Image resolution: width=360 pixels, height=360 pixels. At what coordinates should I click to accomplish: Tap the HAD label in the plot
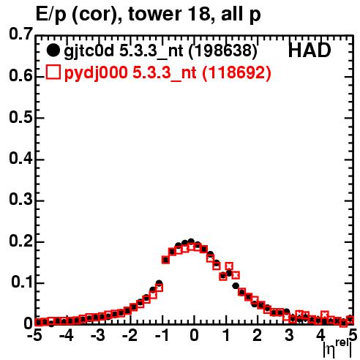(x=310, y=50)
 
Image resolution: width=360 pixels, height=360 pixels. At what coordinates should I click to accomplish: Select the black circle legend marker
(x=53, y=50)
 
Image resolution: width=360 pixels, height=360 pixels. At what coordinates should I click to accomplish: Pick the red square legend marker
(x=53, y=72)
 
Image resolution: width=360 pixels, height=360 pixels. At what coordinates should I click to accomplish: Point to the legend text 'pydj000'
(x=96, y=73)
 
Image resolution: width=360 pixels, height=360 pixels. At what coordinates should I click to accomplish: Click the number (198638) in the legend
(x=222, y=51)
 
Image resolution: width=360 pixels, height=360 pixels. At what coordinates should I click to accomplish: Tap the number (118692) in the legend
(x=236, y=72)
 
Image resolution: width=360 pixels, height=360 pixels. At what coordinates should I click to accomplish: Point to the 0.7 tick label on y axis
(x=20, y=34)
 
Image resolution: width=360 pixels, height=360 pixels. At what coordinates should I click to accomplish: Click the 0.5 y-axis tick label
(x=20, y=117)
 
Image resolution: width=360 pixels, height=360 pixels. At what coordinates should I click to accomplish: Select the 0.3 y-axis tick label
(x=20, y=200)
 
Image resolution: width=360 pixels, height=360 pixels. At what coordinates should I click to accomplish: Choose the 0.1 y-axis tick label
(x=21, y=282)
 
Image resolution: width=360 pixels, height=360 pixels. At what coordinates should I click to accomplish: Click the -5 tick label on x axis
(x=34, y=336)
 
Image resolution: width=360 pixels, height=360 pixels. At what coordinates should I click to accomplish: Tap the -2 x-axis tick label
(x=130, y=336)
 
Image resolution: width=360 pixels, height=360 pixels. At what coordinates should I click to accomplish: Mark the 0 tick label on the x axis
(x=194, y=336)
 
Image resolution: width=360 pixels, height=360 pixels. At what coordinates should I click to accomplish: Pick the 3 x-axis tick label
(x=289, y=336)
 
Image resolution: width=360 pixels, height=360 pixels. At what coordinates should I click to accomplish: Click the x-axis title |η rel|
(x=338, y=349)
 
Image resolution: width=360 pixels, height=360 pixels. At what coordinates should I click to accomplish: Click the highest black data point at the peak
(x=191, y=241)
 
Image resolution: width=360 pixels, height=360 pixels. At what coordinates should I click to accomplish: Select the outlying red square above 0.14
(x=229, y=266)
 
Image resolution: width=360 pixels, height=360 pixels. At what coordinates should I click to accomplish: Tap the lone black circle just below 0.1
(x=236, y=286)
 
